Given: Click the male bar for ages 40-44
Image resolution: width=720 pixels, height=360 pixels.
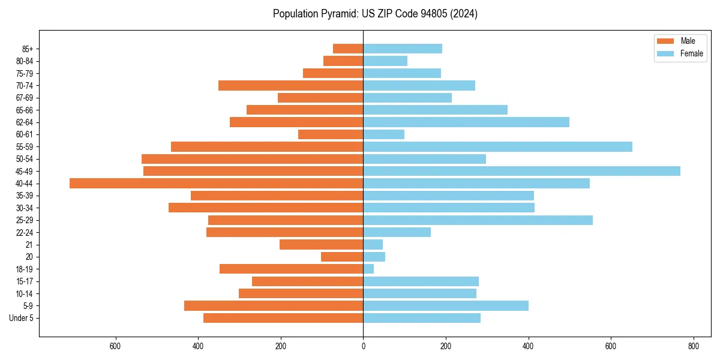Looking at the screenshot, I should coord(216,183).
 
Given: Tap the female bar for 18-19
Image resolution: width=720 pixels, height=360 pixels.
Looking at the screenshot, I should coord(368,269).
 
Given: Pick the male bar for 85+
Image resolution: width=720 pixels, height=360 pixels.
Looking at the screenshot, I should coord(348,49).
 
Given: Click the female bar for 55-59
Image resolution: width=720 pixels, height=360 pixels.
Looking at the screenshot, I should coord(497,146).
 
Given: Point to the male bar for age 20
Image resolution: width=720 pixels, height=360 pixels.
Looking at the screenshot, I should coord(342,257).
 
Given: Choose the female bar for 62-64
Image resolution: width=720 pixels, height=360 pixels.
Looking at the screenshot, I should coord(466,122).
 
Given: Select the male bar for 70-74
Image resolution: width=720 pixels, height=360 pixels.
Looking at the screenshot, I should coord(290,85).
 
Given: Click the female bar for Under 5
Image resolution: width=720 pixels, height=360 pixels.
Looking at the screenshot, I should coord(422,318).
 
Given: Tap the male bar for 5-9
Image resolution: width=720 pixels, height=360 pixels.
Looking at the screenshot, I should coord(274,305).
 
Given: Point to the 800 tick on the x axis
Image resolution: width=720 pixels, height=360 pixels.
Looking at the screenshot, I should coord(693,346).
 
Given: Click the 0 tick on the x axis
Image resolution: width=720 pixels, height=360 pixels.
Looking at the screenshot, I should coord(363,346).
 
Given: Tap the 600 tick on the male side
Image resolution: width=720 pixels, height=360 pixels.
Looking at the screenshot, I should coord(115,346).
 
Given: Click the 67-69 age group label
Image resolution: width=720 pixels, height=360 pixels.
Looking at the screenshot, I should coord(25,98).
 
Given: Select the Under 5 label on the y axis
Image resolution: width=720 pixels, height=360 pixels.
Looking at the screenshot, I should coord(21,318).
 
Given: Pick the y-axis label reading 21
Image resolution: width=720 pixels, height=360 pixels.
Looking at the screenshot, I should coord(29,245).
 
